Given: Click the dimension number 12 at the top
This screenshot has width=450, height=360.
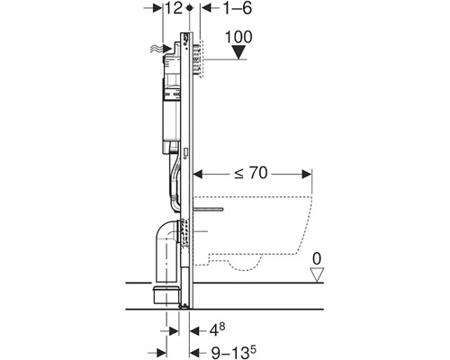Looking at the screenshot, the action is (174, 8).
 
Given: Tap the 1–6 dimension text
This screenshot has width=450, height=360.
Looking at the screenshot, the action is (238, 8).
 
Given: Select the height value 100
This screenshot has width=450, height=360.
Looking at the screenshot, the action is (238, 37).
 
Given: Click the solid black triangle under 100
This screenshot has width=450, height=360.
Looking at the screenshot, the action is (239, 52).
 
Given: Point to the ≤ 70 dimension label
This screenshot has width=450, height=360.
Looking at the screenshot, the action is (251, 173).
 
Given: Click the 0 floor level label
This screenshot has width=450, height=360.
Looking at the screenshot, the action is (317, 258).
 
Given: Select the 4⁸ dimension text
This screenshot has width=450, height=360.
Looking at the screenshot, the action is (217, 329).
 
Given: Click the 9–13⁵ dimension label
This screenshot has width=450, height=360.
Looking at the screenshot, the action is (234, 352).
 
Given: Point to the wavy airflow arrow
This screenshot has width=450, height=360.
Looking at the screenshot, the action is (160, 48).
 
